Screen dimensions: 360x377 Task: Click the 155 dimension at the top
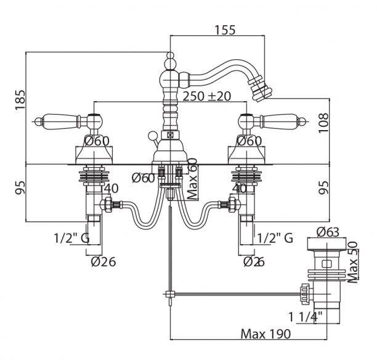point(226,31)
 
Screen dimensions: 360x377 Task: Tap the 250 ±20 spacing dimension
point(208,97)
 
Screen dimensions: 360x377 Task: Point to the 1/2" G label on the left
point(81,238)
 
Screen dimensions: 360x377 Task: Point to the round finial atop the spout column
point(169,60)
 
